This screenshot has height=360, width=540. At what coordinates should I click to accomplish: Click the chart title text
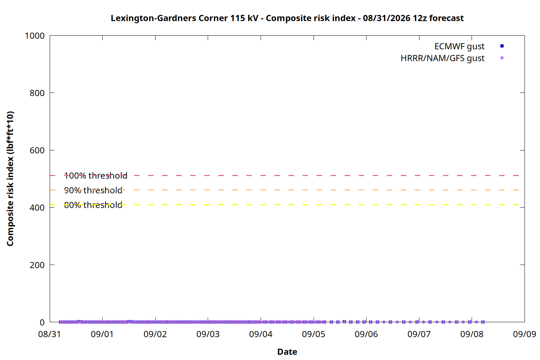click(287, 18)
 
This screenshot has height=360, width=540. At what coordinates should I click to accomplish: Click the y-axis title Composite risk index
click(10, 179)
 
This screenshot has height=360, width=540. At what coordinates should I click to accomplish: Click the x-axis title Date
click(287, 352)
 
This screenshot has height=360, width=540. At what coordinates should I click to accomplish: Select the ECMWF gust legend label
click(459, 46)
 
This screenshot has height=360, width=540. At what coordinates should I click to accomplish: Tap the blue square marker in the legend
click(502, 46)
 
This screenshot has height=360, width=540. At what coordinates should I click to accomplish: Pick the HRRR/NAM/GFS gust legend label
click(442, 58)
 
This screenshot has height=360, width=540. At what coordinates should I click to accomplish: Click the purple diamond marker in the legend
click(502, 58)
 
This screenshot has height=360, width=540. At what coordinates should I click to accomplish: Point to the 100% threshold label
click(95, 176)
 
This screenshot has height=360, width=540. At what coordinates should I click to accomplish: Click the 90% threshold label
click(93, 190)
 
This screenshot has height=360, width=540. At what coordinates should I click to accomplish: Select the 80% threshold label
click(93, 205)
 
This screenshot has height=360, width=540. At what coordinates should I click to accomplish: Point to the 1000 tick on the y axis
click(35, 36)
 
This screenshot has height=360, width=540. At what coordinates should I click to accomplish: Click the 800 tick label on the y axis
click(37, 93)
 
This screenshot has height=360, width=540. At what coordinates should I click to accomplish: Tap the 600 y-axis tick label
click(37, 150)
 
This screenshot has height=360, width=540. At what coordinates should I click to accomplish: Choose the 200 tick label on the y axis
click(37, 265)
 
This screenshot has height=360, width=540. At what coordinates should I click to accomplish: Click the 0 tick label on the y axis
click(42, 323)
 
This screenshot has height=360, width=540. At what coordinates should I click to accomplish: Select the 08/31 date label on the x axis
click(49, 334)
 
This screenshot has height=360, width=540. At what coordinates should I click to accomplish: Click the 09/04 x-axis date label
click(261, 334)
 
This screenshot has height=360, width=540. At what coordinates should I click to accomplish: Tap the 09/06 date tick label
click(366, 334)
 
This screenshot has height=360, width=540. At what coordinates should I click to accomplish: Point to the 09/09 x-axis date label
click(525, 334)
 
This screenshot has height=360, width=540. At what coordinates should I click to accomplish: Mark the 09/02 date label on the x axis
click(155, 334)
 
